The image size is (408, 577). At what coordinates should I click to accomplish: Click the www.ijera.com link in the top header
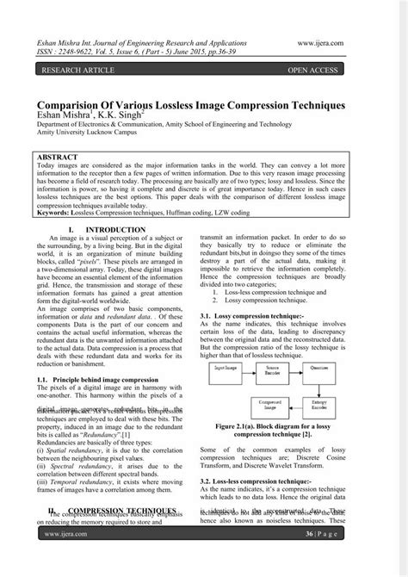tap(319, 40)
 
